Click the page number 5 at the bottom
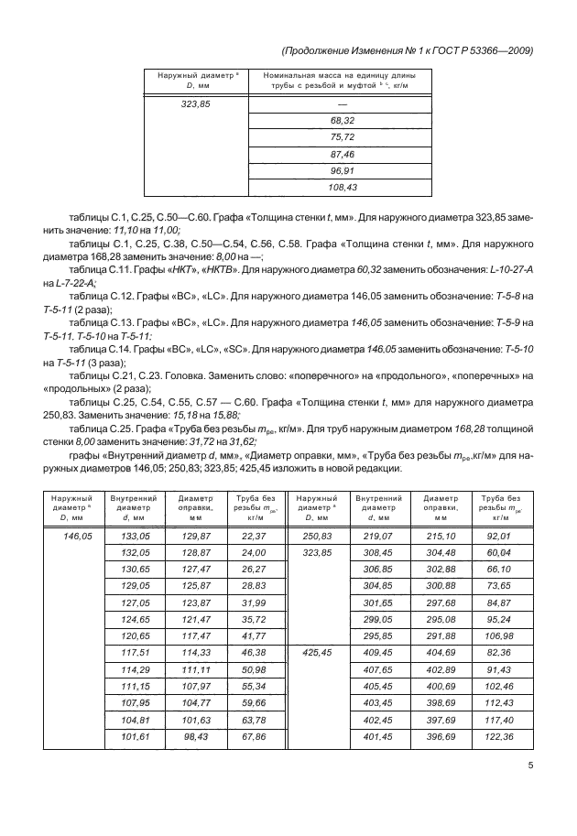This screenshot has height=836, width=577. tap(531, 767)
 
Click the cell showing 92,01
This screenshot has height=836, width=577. tap(498, 536)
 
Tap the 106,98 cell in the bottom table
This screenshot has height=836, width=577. tap(498, 635)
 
